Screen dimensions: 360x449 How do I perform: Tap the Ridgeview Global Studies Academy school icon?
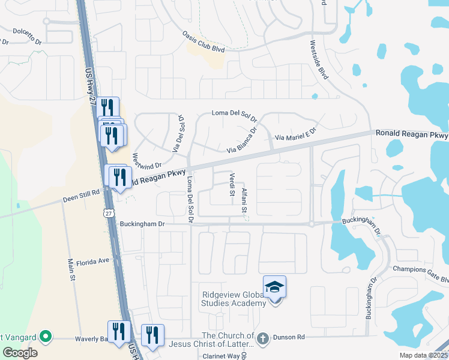coord(274,288)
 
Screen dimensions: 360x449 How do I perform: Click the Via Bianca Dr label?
coord(242,142)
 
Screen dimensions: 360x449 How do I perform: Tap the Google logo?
coord(20,352)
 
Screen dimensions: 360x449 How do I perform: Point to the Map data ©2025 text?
coord(423,355)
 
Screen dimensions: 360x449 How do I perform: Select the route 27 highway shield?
coord(108,212)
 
